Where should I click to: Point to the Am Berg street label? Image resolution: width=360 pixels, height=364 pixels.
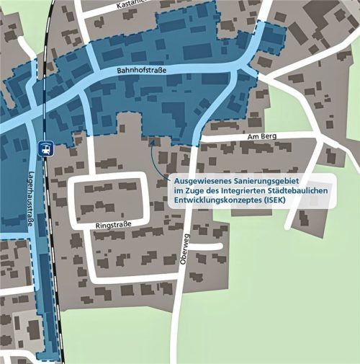tap(262, 136)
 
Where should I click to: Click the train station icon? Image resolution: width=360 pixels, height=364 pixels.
tap(45, 148)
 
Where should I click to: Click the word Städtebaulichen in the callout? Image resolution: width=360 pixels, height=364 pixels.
tap(302, 189)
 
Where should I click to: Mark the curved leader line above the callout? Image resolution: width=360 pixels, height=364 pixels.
tap(155, 159)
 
